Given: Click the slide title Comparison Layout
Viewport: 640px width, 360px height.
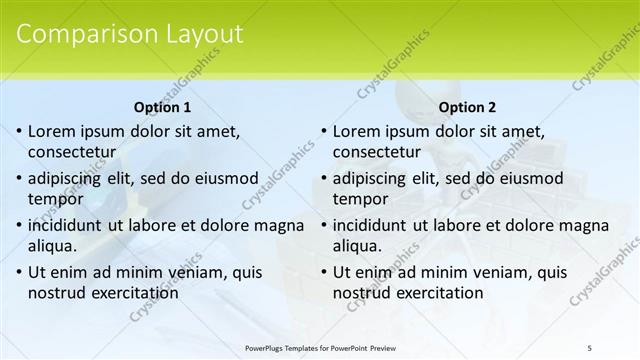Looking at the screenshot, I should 130,33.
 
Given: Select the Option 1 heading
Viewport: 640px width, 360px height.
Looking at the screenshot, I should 162,107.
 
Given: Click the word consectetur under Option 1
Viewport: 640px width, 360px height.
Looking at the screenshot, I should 71,153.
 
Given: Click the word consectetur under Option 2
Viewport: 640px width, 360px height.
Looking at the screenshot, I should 376,153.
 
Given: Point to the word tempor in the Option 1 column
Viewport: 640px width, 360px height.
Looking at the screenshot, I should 55,199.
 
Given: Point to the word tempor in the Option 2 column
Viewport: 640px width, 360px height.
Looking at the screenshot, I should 360,199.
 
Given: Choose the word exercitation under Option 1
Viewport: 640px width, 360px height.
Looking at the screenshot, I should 132,293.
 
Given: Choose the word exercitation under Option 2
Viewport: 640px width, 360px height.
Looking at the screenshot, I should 436,293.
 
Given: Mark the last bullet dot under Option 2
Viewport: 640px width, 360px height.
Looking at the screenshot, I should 323,273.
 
